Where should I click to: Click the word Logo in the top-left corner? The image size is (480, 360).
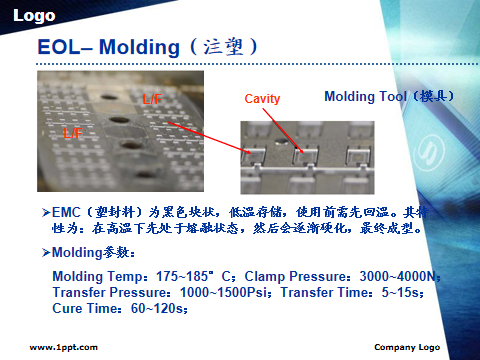coord(34,16)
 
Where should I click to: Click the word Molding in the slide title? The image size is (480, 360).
coord(139,47)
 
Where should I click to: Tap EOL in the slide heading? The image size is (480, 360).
coord(59,47)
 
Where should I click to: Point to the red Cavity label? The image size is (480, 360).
coord(262,99)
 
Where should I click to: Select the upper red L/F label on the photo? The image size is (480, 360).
coord(152,99)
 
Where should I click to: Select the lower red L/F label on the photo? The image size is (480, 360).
coord(73,133)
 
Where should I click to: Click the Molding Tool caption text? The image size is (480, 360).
coord(389,96)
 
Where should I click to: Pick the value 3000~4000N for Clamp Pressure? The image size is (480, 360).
coord(398,276)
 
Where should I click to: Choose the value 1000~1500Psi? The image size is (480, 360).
coord(223,292)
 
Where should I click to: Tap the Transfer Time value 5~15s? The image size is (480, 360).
coord(400,292)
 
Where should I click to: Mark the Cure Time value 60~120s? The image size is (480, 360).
coord(157,308)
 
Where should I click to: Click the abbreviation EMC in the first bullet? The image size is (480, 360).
coord(66,212)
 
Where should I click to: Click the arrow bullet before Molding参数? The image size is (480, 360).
coord(46,253)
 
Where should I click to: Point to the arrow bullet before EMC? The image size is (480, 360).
coord(46,212)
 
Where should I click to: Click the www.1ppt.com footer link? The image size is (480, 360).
coord(64,347)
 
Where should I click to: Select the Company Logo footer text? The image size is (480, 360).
coord(407,347)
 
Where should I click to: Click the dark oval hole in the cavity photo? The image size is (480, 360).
coord(282,142)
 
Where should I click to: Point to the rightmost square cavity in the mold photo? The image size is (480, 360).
coord(357,156)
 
